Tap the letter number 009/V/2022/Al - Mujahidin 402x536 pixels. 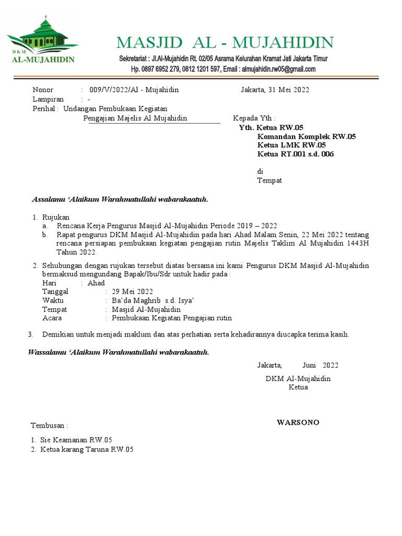pos(134,90)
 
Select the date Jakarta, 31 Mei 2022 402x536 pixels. pos(275,90)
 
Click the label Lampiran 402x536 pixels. pos(48,99)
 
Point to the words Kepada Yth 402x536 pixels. pos(254,118)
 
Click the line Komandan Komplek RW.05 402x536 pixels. pos(306,137)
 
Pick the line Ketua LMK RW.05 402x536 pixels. pos(292,145)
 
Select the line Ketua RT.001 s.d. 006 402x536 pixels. pos(295,154)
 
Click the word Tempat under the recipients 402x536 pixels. pos(270,181)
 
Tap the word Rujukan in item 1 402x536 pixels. pos(55,217)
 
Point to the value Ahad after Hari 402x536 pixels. pos(96,283)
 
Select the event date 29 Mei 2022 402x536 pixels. pos(132,292)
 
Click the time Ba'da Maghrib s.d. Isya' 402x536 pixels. pos(153,300)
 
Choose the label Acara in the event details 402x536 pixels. pos(52,318)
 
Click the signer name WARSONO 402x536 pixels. pos(298,422)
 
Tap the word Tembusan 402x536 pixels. pos(49,426)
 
